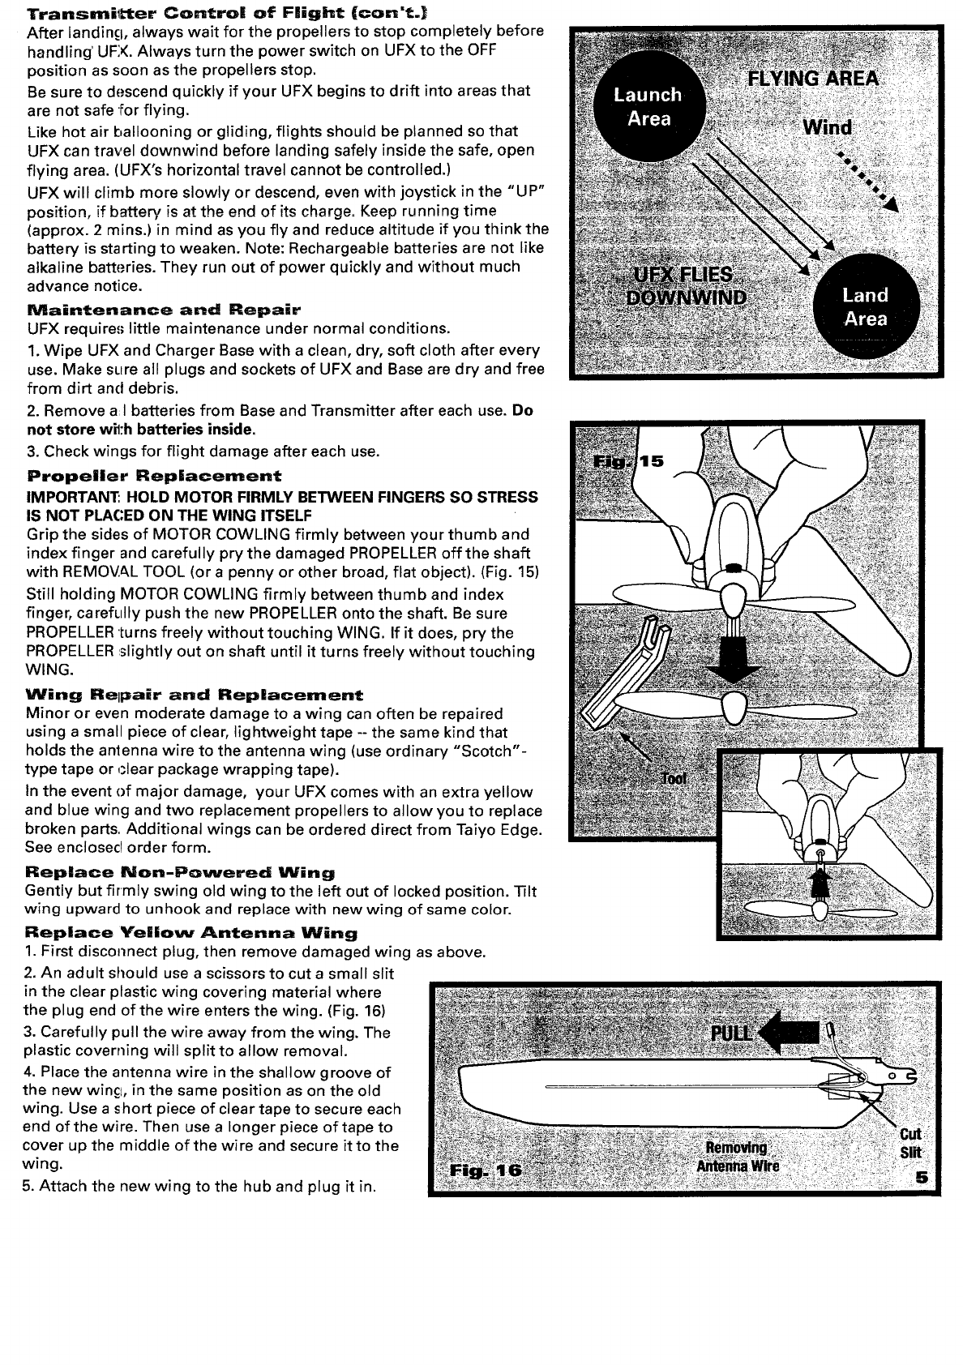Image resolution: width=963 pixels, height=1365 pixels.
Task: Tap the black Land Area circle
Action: [866, 307]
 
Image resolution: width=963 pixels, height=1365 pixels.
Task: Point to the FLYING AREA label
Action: [812, 79]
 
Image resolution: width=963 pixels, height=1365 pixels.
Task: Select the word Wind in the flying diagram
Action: [827, 128]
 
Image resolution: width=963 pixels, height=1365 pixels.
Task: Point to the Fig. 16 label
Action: [480, 1171]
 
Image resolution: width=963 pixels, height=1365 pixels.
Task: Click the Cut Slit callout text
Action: [910, 1143]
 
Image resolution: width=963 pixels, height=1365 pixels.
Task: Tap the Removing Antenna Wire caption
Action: [737, 1157]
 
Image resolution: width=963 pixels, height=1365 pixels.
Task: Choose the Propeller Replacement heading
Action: [154, 476]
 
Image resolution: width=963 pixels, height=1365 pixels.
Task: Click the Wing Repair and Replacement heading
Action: [195, 695]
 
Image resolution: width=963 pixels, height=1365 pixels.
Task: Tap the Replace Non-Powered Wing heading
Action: [180, 873]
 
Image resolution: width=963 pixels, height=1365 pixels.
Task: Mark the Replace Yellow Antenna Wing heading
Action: [191, 933]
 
